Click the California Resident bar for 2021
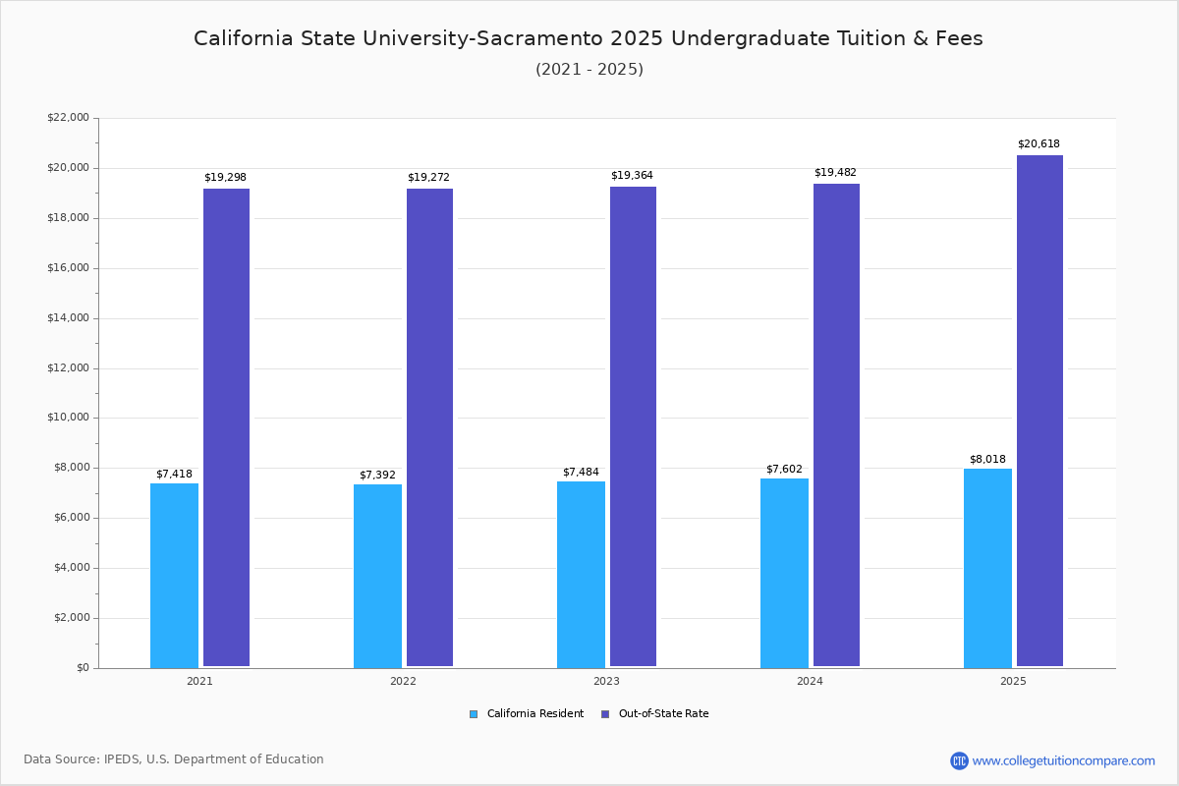pos(174,575)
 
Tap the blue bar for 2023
pos(581,574)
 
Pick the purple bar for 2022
pos(429,427)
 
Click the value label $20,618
pos(1039,144)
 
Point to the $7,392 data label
pos(377,476)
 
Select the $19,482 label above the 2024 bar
pos(835,173)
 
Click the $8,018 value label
pos(987,460)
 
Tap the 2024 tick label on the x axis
pos(810,681)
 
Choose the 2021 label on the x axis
pos(199,681)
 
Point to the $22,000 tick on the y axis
pos(68,118)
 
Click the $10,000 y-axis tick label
pos(68,418)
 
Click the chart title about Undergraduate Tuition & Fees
pos(588,38)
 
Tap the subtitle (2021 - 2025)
pos(589,70)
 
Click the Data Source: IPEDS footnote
pos(174,759)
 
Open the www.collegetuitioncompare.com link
pos(1063,760)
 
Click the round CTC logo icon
pos(959,760)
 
